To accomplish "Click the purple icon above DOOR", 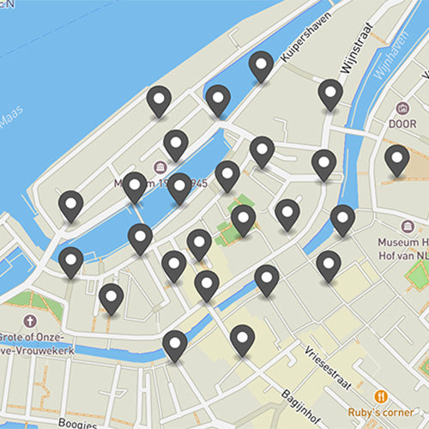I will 403,109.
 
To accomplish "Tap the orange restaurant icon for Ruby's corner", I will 381,396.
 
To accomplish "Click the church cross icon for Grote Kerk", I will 32,322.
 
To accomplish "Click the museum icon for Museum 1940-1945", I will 160,166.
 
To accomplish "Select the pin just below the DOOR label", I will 396,160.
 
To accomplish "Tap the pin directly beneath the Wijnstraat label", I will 330,94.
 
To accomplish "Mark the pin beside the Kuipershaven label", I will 261,66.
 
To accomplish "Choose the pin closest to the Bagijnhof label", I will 243,340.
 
